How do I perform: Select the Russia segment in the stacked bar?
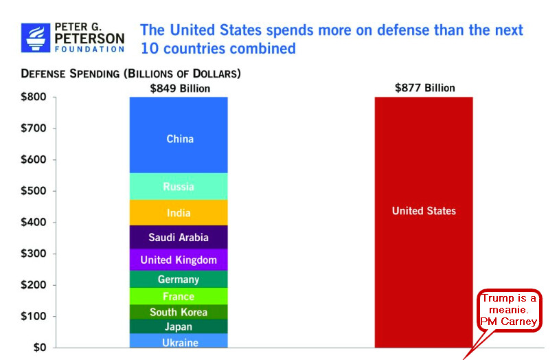[x=179, y=186]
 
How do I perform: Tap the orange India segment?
[x=179, y=212]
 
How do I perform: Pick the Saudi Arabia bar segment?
[x=179, y=238]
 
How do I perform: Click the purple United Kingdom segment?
[x=179, y=260]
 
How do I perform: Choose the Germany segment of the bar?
[x=179, y=279]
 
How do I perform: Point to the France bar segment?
[x=179, y=296]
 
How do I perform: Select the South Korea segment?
[x=179, y=312]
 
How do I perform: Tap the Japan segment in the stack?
[x=179, y=326]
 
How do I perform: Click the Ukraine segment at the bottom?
[x=179, y=341]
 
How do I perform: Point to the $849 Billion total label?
[x=180, y=88]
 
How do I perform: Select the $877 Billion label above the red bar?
[x=424, y=88]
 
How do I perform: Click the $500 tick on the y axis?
[x=34, y=191]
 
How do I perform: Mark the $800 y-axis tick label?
[x=34, y=97]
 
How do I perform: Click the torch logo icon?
[x=35, y=38]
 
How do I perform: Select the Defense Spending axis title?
[x=130, y=74]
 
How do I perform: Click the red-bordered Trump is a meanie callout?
[x=509, y=310]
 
